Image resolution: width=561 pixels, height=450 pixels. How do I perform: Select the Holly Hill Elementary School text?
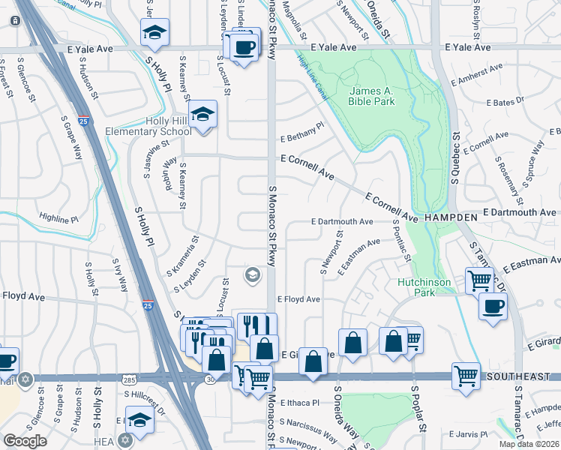pyautogui.click(x=154, y=126)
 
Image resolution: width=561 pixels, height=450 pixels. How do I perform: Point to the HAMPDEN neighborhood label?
pyautogui.click(x=451, y=216)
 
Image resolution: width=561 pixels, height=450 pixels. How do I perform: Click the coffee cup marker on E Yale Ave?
pyautogui.click(x=243, y=47)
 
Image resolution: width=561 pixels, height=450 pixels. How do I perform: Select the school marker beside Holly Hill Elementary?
pyautogui.click(x=202, y=114)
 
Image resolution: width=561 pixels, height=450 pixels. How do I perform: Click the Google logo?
pyautogui.click(x=25, y=441)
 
